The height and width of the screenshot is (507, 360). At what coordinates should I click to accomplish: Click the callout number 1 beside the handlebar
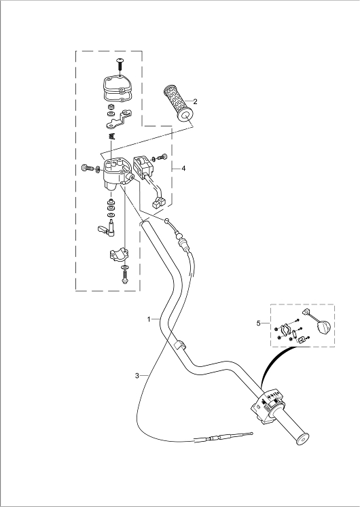coord(149,319)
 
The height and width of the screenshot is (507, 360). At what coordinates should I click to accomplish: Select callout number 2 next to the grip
coord(195,101)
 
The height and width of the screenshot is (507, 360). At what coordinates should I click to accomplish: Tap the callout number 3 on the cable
coord(137,375)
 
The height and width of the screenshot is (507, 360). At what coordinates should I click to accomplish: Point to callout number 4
coord(183,169)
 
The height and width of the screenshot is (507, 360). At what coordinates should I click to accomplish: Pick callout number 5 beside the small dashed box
coord(259,323)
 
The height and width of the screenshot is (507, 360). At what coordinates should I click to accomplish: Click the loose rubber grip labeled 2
coord(178,103)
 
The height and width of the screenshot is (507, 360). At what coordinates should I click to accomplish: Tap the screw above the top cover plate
coord(120,65)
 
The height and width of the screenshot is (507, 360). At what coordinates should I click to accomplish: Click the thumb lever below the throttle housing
coord(106,228)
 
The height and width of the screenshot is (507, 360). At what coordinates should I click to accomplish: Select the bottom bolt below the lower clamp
coord(124,277)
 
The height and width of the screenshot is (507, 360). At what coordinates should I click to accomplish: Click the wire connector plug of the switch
coord(158,203)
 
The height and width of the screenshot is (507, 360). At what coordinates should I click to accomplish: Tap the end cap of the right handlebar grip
coord(303,440)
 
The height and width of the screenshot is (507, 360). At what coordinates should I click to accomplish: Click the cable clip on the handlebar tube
coord(179,345)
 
